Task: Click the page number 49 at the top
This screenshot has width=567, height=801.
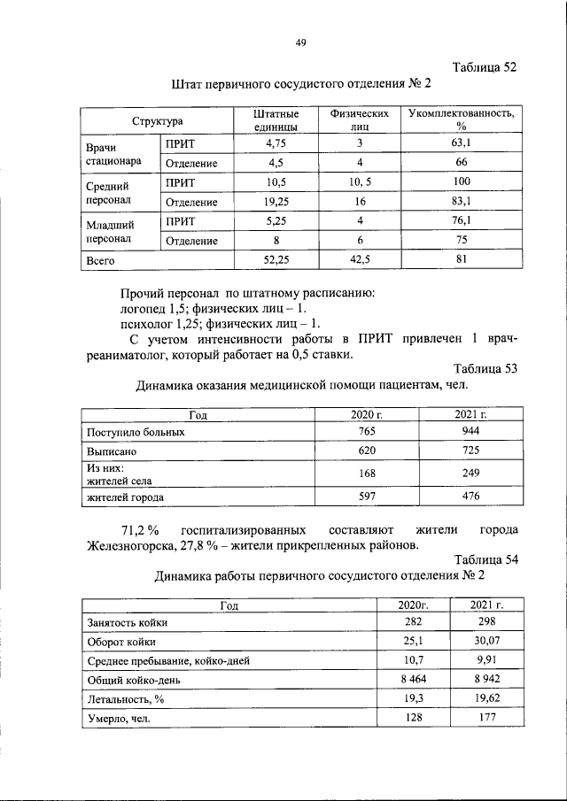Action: click(300, 42)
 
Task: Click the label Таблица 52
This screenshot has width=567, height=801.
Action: click(484, 67)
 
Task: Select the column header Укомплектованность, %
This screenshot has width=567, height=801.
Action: click(461, 121)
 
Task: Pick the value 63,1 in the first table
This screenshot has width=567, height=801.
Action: click(461, 142)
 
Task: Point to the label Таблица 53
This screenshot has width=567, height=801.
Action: click(485, 368)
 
